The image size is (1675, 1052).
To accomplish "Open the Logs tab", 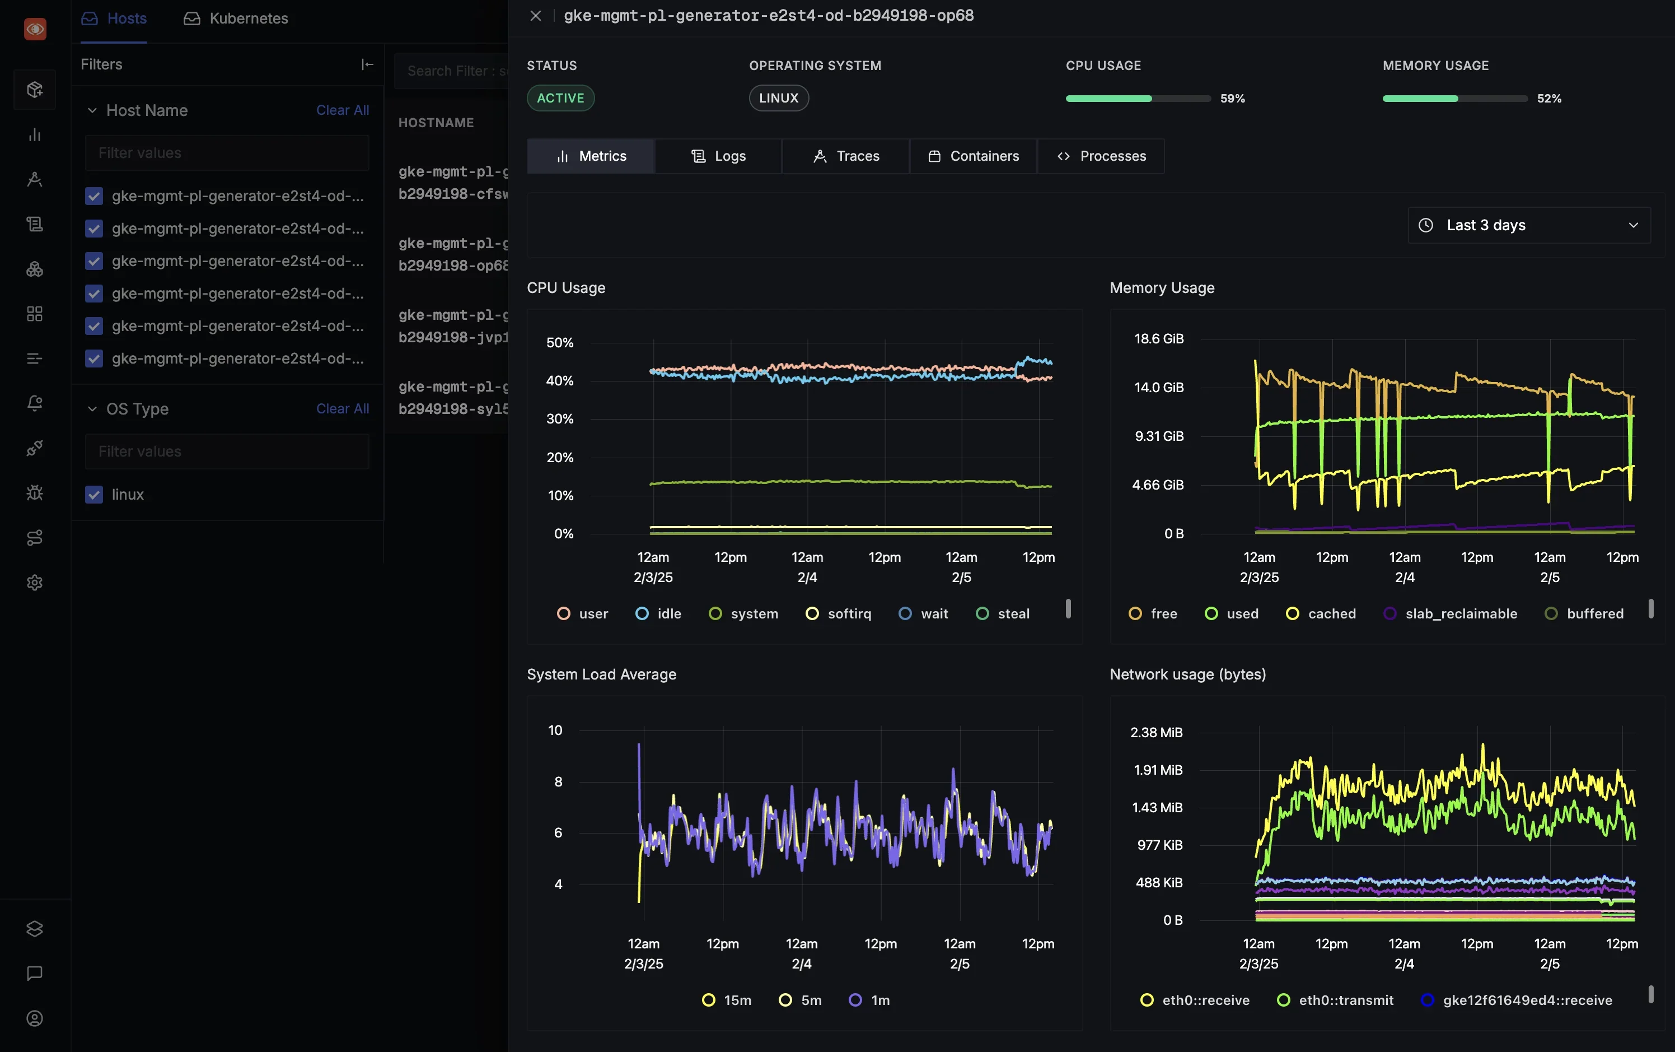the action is click(718, 156).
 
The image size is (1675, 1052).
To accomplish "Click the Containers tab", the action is click(973, 156).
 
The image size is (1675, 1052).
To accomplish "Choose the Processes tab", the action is click(1101, 156).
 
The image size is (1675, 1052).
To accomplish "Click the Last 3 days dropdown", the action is click(1528, 225).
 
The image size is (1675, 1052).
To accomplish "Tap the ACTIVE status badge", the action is click(560, 98).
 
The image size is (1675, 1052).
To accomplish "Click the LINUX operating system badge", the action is click(778, 98).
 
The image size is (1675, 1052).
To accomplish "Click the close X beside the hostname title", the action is click(535, 15).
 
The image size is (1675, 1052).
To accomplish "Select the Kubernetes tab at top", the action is click(236, 18).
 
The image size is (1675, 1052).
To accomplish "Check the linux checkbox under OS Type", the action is click(94, 494).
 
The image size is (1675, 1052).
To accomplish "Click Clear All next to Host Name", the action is click(342, 110).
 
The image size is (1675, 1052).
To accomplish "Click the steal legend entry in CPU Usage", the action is click(1003, 613).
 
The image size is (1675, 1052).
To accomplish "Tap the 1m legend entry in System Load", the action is click(869, 999).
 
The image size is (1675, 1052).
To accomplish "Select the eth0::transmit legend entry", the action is click(1335, 999).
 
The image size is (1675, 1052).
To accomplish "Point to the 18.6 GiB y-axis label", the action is click(1158, 339).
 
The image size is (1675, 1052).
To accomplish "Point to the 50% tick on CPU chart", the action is click(560, 342).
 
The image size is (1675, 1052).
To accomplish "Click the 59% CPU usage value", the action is click(1232, 98).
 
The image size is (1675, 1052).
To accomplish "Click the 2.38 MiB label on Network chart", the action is click(1155, 732).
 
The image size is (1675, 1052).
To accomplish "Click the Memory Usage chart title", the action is click(1161, 287).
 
